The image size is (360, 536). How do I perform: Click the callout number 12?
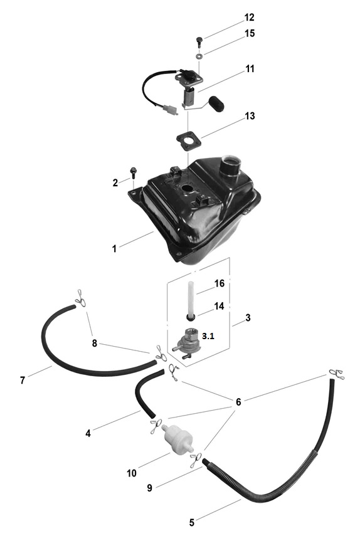tap(250, 17)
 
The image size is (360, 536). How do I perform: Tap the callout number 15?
tap(250, 33)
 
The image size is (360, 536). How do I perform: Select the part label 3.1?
tap(208, 336)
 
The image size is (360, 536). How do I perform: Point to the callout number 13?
tap(250, 116)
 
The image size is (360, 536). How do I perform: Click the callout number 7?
tap(23, 380)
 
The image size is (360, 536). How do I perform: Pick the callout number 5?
tap(192, 522)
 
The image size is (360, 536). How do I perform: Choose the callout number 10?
tap(132, 473)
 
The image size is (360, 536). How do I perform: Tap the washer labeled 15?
tap(198, 55)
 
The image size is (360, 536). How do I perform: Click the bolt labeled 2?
tap(133, 172)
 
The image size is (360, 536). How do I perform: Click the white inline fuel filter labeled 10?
tap(177, 438)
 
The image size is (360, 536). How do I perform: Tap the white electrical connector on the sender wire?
tap(170, 110)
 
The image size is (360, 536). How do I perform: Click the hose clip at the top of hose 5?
tap(336, 375)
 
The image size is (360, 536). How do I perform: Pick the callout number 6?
tap(238, 402)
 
